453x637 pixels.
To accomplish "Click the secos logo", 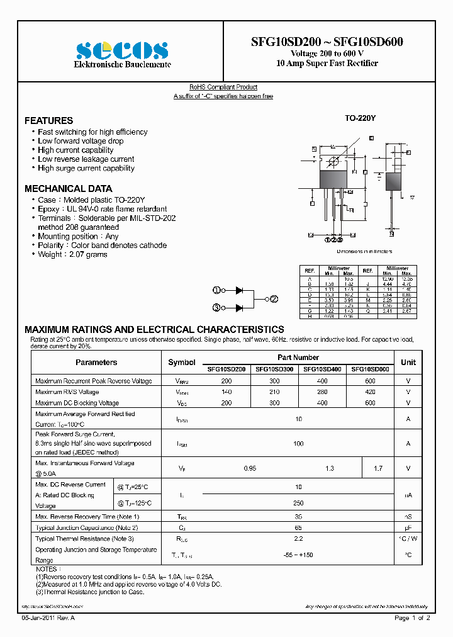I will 122,50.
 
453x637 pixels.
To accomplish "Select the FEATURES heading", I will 48,120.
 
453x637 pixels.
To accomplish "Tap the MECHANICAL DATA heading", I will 68,188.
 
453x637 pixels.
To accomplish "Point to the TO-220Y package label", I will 360,118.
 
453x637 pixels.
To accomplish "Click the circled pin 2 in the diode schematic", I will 274,299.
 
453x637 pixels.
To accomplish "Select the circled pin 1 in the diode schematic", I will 216,290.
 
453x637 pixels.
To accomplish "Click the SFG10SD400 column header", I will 322,369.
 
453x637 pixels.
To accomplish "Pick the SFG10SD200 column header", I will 226,369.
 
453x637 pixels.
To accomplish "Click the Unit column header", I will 408,363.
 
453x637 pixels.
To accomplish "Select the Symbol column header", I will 182,363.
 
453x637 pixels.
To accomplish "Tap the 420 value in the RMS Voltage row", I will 370,392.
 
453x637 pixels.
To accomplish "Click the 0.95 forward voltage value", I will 250,468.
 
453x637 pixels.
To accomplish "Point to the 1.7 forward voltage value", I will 378,468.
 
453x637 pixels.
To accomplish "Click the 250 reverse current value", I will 298,503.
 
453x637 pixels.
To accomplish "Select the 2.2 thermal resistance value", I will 298,539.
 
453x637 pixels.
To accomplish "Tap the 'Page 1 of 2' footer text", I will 412,618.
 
